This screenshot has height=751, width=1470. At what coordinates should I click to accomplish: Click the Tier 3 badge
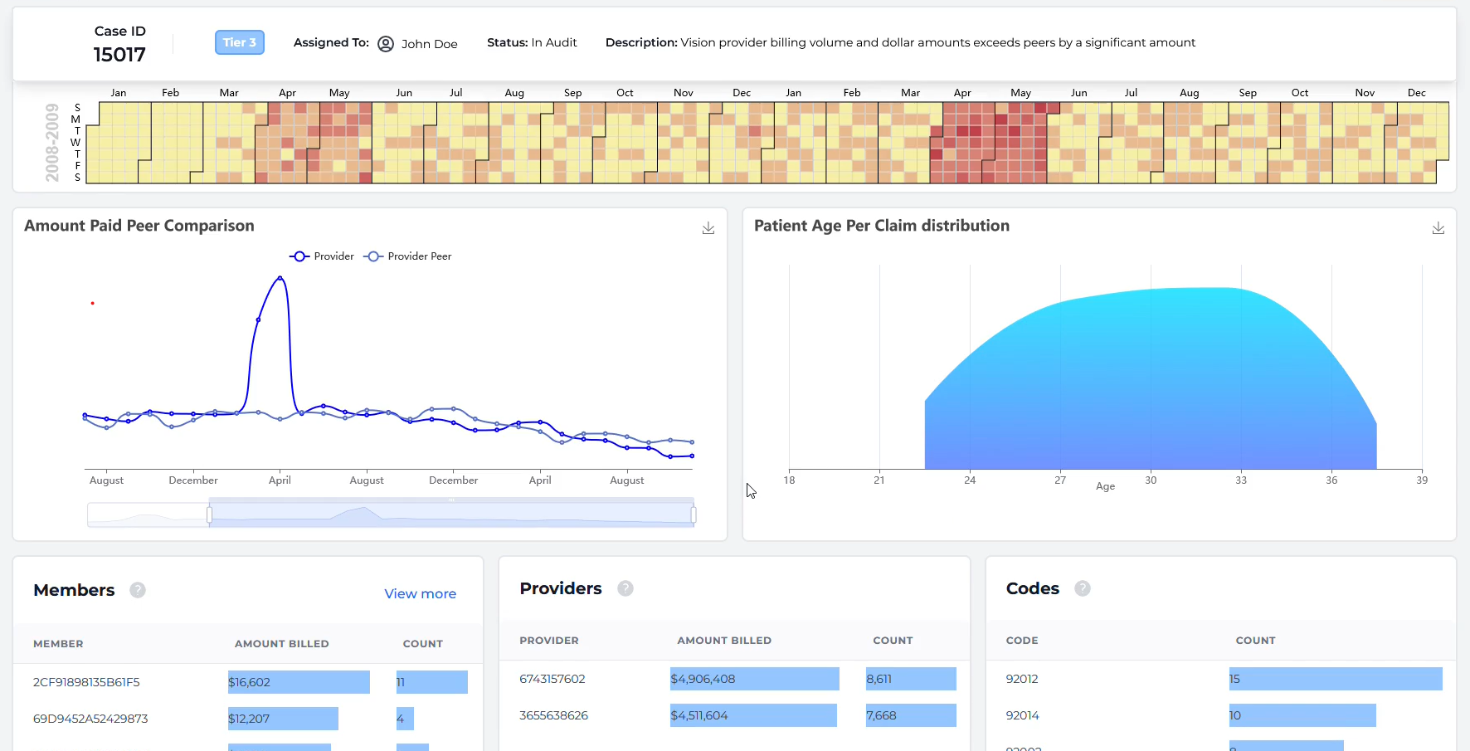click(x=239, y=42)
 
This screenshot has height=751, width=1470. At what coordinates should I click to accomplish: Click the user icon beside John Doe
click(x=386, y=44)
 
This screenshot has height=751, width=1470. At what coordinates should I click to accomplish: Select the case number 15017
click(x=119, y=55)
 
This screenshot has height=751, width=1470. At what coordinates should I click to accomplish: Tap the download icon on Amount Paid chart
click(x=708, y=228)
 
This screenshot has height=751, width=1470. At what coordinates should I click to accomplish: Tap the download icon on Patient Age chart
click(x=1438, y=228)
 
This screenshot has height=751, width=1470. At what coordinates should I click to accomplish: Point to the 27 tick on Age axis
click(x=1060, y=480)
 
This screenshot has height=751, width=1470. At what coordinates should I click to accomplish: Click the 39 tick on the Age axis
click(x=1422, y=480)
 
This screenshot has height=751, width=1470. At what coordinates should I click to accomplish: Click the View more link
click(x=420, y=593)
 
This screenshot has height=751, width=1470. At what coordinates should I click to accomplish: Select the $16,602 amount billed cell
click(x=299, y=682)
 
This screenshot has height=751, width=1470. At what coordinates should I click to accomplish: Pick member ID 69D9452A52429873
click(x=90, y=719)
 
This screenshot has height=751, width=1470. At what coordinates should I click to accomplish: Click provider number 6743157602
click(x=552, y=679)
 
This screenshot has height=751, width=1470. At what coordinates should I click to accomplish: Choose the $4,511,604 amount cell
click(x=752, y=715)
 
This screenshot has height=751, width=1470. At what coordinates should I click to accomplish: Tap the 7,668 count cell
click(x=910, y=715)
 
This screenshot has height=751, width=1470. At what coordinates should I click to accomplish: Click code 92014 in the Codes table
click(x=1022, y=715)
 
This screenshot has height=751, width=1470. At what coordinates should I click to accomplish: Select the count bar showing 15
click(x=1335, y=679)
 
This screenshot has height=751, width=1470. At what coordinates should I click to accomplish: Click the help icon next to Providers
click(x=625, y=588)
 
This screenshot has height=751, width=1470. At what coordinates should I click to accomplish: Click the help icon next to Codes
click(x=1083, y=588)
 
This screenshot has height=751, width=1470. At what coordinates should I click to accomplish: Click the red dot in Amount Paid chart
click(x=92, y=304)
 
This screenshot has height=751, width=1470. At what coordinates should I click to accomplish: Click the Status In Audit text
click(x=532, y=42)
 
